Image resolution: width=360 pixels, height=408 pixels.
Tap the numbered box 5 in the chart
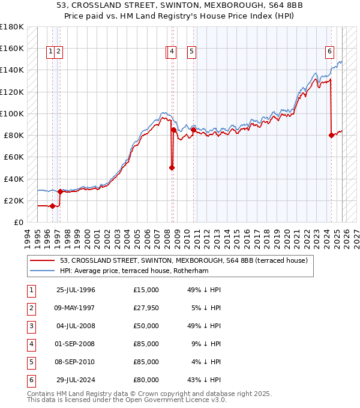[x=191, y=52]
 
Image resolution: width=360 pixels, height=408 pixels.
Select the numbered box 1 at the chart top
[x=50, y=52]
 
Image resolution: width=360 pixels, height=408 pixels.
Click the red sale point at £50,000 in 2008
[x=172, y=168]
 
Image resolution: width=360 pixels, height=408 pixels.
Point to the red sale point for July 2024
[x=331, y=135]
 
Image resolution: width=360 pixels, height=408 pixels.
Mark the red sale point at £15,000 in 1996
[x=52, y=206]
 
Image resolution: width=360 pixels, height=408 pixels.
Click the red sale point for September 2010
[x=193, y=130]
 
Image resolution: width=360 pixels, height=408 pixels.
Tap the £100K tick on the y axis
[x=12, y=113]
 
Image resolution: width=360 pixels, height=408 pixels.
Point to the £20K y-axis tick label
[x=14, y=200]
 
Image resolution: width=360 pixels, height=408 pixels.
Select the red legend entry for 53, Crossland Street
[x=184, y=260]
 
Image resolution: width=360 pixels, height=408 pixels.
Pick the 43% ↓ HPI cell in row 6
[x=204, y=380]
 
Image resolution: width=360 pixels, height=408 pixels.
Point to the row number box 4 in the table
[x=31, y=344]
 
